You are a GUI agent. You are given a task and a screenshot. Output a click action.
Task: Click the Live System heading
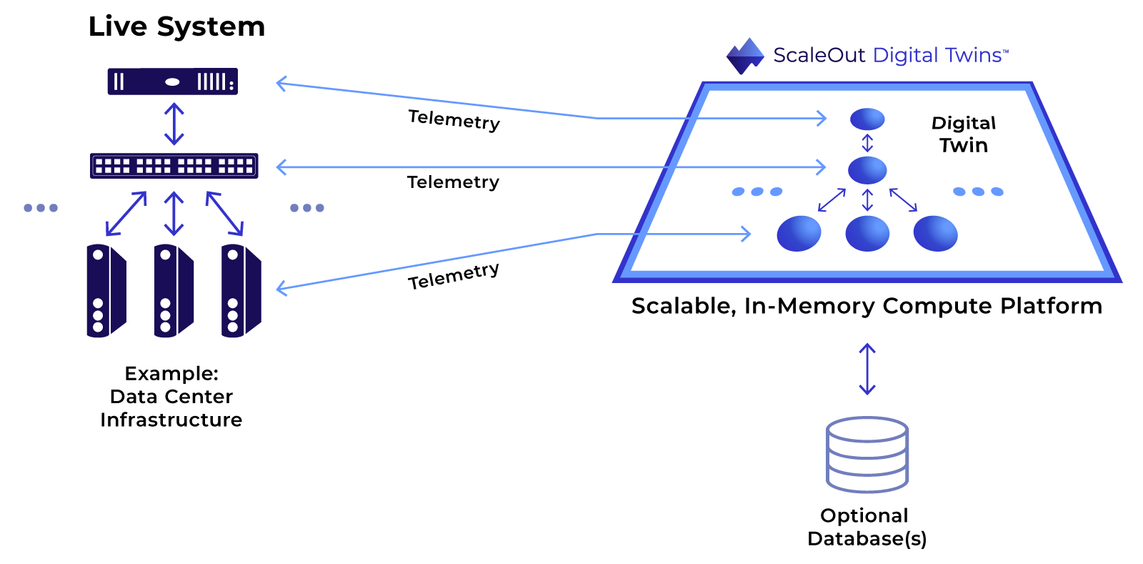pos(176,26)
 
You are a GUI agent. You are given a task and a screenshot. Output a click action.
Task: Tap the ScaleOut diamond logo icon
pos(745,56)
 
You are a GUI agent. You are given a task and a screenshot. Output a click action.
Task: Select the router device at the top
pos(172,81)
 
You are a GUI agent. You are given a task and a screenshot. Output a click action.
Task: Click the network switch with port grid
pos(174,166)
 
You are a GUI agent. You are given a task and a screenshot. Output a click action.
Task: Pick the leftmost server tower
pos(106,290)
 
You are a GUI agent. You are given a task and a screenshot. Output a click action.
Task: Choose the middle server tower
pos(174,290)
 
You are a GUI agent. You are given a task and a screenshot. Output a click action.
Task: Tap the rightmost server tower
pos(241,290)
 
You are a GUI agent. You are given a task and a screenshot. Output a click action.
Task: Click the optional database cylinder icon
pos(867,455)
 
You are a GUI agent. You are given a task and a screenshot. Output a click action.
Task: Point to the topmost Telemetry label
pos(454,121)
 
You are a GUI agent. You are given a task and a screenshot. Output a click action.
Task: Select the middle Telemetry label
pos(453,182)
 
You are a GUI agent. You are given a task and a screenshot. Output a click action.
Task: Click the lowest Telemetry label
pos(453,276)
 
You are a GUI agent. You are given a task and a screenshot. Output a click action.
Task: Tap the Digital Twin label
pos(964,134)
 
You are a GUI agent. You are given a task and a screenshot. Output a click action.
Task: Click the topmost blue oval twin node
pos(867,119)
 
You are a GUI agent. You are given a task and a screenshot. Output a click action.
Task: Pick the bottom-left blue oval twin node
pos(799,233)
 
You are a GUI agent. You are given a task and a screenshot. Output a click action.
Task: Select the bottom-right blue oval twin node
pos(935,233)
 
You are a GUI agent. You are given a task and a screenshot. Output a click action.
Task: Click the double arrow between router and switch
pos(174,124)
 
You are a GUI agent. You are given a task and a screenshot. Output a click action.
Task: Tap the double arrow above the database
pos(867,369)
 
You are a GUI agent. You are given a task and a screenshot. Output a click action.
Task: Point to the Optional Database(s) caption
pos(867,528)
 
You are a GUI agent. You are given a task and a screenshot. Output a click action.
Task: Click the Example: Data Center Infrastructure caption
pos(171,397)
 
